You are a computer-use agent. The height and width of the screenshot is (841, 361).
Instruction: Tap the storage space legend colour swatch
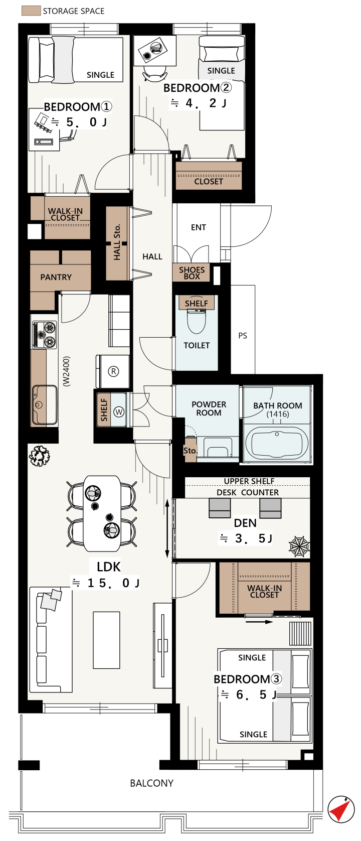[x=31, y=11]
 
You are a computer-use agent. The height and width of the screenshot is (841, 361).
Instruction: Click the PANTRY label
[x=56, y=277]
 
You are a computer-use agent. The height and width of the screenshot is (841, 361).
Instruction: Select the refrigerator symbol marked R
[x=113, y=371]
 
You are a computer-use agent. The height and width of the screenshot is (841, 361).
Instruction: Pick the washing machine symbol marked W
[x=119, y=412]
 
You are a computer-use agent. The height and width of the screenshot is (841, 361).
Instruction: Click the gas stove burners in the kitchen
[x=44, y=334]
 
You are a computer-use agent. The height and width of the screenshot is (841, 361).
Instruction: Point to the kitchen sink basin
[x=45, y=404]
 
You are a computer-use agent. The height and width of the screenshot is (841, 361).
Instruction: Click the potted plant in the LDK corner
[x=40, y=456]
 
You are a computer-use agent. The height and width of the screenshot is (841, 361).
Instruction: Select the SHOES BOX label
[x=192, y=273]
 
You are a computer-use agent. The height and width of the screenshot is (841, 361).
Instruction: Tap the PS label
[x=243, y=336]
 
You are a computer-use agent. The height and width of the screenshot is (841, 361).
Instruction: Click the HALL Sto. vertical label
[x=117, y=242]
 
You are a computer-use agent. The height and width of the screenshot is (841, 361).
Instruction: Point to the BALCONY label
[x=151, y=783]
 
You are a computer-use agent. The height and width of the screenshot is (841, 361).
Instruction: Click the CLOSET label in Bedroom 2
[x=209, y=182]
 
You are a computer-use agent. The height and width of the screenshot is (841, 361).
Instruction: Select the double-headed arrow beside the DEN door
[x=167, y=528]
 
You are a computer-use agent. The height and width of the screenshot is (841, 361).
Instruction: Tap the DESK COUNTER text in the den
[x=248, y=493]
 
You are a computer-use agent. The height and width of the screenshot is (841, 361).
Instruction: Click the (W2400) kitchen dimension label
[x=66, y=371]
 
